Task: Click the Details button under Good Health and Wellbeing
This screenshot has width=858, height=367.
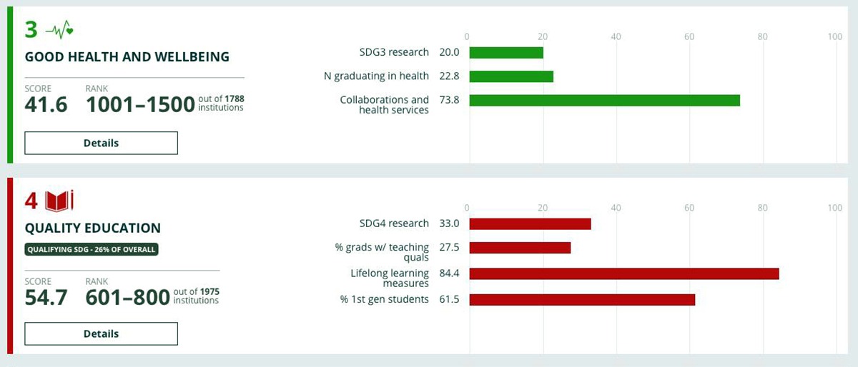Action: point(101,143)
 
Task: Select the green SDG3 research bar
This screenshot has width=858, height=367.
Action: point(506,52)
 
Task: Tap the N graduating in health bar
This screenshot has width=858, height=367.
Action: point(511,76)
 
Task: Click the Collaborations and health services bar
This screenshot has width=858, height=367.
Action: point(604,100)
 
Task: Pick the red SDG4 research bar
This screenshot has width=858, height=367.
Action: point(530,223)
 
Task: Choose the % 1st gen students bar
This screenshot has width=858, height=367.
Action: point(582,299)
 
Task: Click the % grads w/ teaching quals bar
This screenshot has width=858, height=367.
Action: point(520,248)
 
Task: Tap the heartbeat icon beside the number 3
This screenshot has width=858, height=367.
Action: point(59,30)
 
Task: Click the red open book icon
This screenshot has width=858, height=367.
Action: point(59,201)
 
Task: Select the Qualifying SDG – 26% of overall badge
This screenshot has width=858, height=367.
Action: point(92,249)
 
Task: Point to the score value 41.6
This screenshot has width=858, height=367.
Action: point(46,104)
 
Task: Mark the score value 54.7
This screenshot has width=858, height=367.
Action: point(46,297)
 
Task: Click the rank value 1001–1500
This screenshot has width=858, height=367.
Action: point(140,104)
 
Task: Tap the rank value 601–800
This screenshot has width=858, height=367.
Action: point(127,297)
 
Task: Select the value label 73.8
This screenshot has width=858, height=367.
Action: point(450,100)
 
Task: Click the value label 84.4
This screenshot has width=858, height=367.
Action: point(450,273)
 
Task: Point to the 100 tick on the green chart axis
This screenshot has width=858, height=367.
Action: point(834,36)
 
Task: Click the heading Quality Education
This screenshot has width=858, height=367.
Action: point(93,228)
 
